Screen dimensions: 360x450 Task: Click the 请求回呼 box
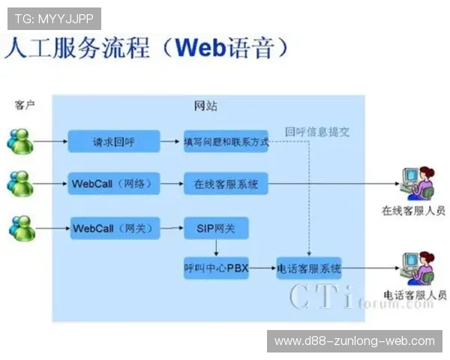(114, 140)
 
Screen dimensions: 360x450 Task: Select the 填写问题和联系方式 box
(226, 141)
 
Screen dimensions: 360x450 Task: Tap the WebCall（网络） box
(115, 183)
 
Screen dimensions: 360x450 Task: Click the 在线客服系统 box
(226, 183)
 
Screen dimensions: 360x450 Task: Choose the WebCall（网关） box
(115, 227)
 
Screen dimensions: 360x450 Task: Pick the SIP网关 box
(216, 227)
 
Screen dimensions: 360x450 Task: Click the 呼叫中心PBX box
(216, 268)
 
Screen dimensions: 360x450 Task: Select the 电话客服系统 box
(309, 268)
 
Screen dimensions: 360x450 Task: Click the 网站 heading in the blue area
(206, 106)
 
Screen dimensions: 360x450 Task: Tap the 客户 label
(25, 105)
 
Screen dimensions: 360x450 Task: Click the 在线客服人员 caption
(414, 211)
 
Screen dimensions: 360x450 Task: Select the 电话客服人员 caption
(414, 295)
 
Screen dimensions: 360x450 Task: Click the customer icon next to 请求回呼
(20, 140)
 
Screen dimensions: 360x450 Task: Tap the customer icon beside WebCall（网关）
(20, 227)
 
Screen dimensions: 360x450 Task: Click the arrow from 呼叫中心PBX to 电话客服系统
(262, 268)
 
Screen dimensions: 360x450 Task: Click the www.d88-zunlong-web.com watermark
(354, 341)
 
